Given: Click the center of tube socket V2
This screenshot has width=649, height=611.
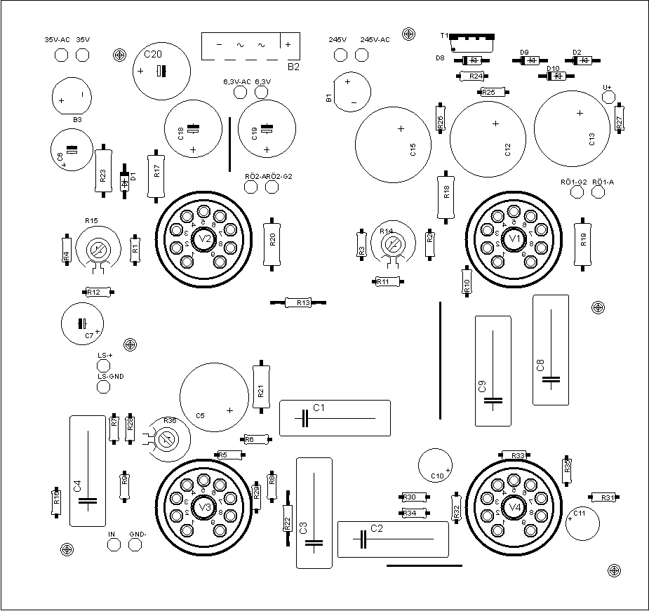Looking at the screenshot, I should pyautogui.click(x=203, y=239).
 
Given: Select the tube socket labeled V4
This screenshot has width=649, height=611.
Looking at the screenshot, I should pyautogui.click(x=515, y=506).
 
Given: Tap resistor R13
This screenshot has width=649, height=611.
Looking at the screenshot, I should pyautogui.click(x=299, y=302).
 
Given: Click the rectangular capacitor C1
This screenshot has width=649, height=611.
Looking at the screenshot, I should pyautogui.click(x=335, y=418).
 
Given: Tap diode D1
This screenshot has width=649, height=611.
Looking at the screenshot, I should pyautogui.click(x=125, y=182).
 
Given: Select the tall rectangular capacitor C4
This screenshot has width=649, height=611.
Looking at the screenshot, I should pyautogui.click(x=88, y=471).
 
